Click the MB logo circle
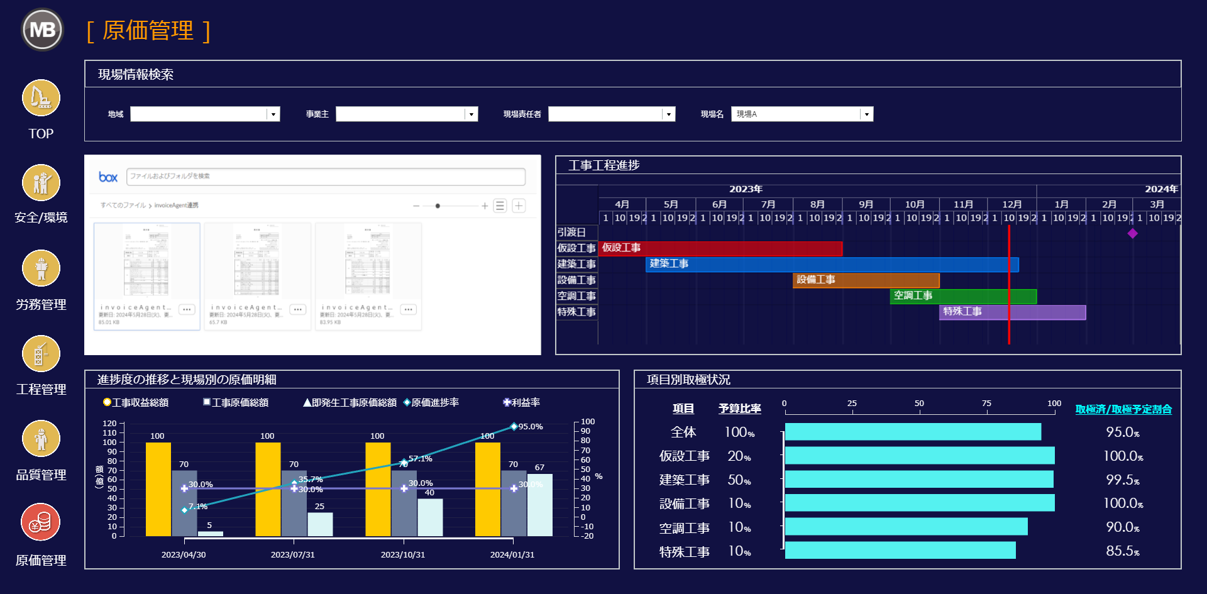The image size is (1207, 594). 42,30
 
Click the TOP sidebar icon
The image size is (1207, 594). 41,98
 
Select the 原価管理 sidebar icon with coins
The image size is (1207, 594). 41,522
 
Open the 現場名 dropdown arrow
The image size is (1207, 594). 867,114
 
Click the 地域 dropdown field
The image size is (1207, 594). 204,114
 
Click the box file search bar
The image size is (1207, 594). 326,177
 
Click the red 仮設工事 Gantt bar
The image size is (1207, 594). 720,248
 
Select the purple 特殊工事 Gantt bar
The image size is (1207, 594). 1012,312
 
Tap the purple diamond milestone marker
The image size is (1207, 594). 1132,233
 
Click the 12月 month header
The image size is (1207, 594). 1011,204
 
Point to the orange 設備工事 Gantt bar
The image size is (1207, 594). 866,280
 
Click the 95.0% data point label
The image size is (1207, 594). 531,427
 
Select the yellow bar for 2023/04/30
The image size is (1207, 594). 158,489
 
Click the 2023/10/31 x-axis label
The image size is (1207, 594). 403,554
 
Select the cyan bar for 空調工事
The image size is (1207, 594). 906,527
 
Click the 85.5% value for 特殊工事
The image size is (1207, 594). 1122,551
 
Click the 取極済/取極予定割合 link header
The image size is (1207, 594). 1123,409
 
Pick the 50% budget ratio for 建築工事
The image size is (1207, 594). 739,480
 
